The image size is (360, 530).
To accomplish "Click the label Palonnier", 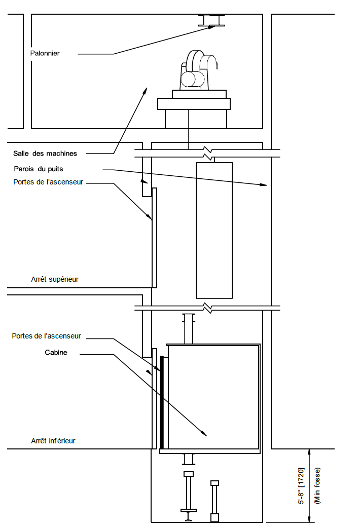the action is [x=45, y=53].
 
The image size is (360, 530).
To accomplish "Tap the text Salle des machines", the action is [x=45, y=154].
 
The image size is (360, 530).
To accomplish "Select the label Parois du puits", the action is [x=38, y=169].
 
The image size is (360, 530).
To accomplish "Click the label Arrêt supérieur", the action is [x=55, y=279].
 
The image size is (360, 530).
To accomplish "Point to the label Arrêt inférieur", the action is [x=53, y=441].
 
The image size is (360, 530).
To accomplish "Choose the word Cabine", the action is [x=56, y=353].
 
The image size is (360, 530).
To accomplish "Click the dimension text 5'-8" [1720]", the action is [x=301, y=486].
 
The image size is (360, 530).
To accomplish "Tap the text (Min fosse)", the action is [x=317, y=486].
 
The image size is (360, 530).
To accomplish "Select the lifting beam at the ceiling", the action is [x=211, y=20].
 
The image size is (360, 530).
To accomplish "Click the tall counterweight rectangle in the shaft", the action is [x=214, y=231].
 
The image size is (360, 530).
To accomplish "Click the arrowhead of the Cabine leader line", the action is [x=204, y=433].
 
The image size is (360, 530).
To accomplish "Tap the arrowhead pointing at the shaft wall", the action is [x=263, y=184].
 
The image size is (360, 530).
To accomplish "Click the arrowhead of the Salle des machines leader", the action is [x=146, y=91].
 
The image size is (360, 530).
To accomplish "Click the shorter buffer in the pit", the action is [x=214, y=501].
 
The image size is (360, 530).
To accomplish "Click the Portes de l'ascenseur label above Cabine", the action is [x=46, y=336].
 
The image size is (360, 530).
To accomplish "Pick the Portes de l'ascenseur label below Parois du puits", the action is [x=48, y=182].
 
